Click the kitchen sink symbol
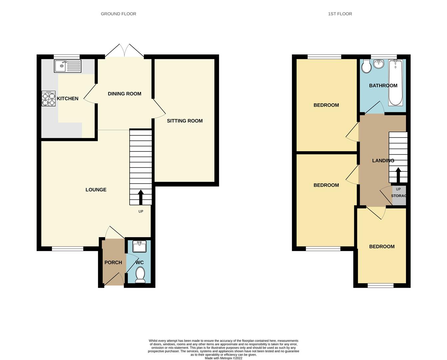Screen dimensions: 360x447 click(x=67, y=66)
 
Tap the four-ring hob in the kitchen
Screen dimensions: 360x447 click(x=48, y=99)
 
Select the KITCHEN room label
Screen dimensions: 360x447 click(x=68, y=99)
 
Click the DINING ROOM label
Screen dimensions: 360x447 click(x=124, y=94)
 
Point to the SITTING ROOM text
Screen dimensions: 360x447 click(x=185, y=121)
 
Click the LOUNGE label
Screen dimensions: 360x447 click(x=96, y=190)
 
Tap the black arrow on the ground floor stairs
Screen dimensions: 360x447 click(x=141, y=197)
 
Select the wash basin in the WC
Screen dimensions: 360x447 click(x=140, y=247)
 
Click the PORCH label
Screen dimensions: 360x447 click(x=113, y=263)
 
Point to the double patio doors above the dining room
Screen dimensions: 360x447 click(x=125, y=51)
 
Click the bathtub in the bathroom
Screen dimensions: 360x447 click(x=395, y=83)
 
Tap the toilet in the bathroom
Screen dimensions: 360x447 click(x=366, y=67)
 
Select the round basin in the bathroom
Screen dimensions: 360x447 click(x=378, y=64)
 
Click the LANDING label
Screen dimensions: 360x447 click(x=383, y=161)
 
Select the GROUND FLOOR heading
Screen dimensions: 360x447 click(x=118, y=14)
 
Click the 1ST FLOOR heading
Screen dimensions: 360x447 click(x=340, y=14)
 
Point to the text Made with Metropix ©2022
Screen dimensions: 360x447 click(x=223, y=358)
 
